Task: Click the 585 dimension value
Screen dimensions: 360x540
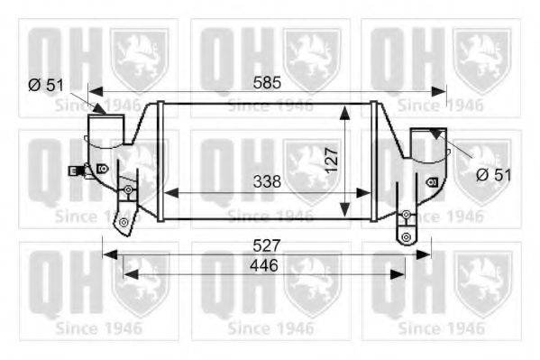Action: (x=267, y=82)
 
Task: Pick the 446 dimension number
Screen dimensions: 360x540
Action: (x=263, y=265)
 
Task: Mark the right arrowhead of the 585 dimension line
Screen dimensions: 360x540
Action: (x=441, y=90)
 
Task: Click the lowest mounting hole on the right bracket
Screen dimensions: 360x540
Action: (x=406, y=237)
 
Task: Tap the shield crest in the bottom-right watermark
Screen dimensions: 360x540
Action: (x=483, y=286)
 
